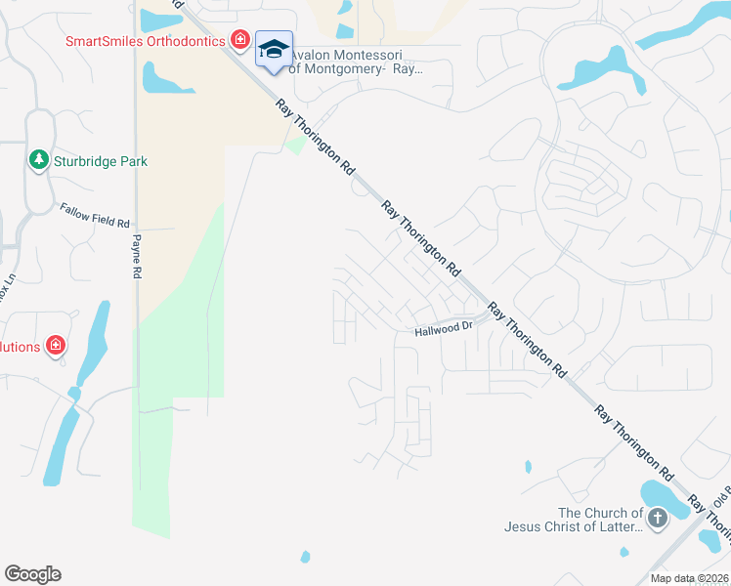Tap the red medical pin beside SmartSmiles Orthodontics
click(238, 40)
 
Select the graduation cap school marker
click(275, 50)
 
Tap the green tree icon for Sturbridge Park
click(39, 159)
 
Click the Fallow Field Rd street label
click(95, 216)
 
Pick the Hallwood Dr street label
click(444, 330)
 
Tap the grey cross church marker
click(657, 519)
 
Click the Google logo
click(32, 574)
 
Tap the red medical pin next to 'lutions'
click(56, 346)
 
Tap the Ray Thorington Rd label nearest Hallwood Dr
click(529, 340)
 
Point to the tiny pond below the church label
click(624, 553)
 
